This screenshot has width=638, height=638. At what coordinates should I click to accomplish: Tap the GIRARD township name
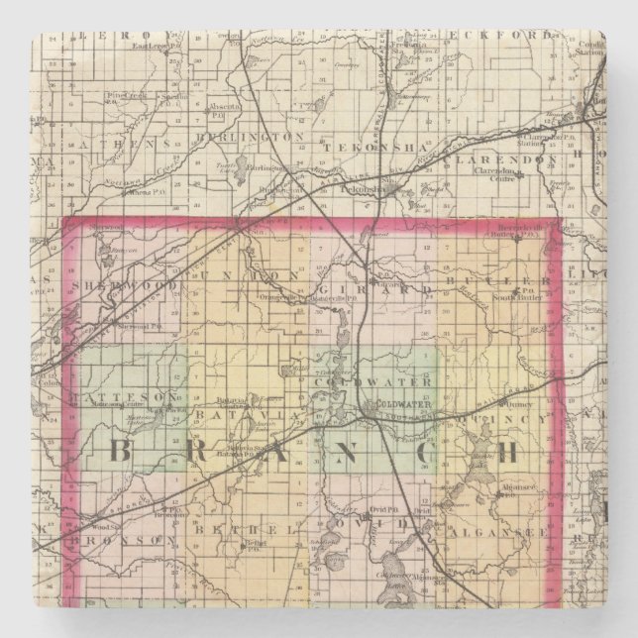coord(391,288)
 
